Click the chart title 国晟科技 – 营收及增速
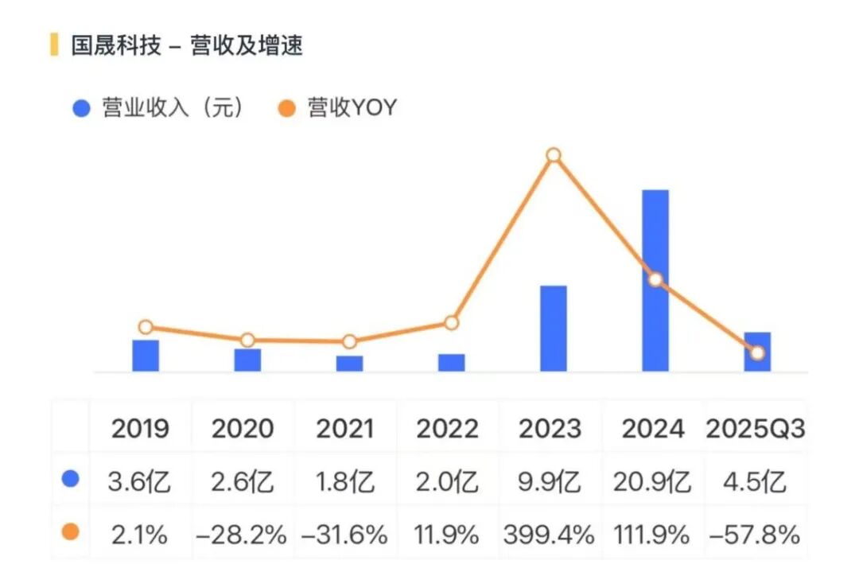[x=187, y=45]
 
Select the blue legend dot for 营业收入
[x=81, y=108]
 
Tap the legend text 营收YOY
[x=352, y=108]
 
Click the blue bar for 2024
[x=655, y=280]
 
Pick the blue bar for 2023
[x=554, y=328]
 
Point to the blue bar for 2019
[x=146, y=356]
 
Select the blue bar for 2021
[x=349, y=364]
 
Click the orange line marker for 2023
[x=554, y=155]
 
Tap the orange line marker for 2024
[x=655, y=280]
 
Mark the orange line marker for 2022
[x=451, y=323]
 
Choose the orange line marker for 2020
[x=247, y=341]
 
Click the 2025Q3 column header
[x=756, y=430]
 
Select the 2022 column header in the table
[x=448, y=430]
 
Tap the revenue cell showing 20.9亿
[x=652, y=482]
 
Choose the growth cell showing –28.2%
[x=242, y=535]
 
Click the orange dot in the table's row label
[x=71, y=532]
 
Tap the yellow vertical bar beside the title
[x=54, y=45]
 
